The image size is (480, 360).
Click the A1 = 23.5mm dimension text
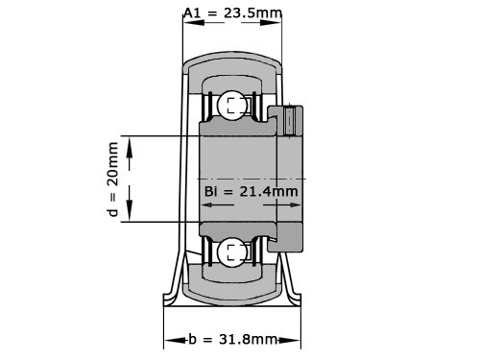(233, 13)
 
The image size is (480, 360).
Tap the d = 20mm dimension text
(113, 180)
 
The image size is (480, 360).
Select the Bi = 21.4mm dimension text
(252, 191)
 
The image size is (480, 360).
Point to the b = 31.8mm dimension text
(232, 339)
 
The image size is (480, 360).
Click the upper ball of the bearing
(230, 106)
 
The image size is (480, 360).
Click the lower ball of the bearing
(230, 252)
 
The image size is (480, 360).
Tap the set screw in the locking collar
(289, 121)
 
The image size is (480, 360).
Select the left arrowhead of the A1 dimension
(194, 23)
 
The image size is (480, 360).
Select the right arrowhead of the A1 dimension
(272, 23)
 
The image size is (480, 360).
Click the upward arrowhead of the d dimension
(130, 147)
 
